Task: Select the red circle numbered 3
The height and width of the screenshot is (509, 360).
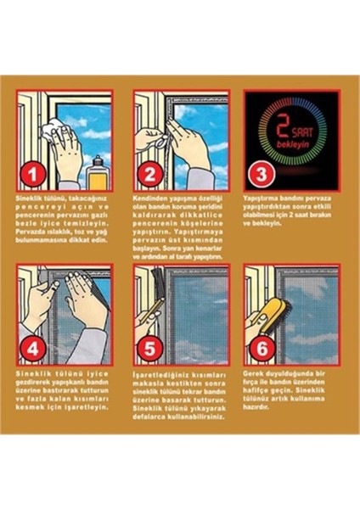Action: click(259, 176)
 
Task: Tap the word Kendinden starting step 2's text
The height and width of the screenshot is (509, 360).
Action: click(149, 198)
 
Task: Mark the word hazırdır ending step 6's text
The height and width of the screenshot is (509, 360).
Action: click(259, 407)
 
